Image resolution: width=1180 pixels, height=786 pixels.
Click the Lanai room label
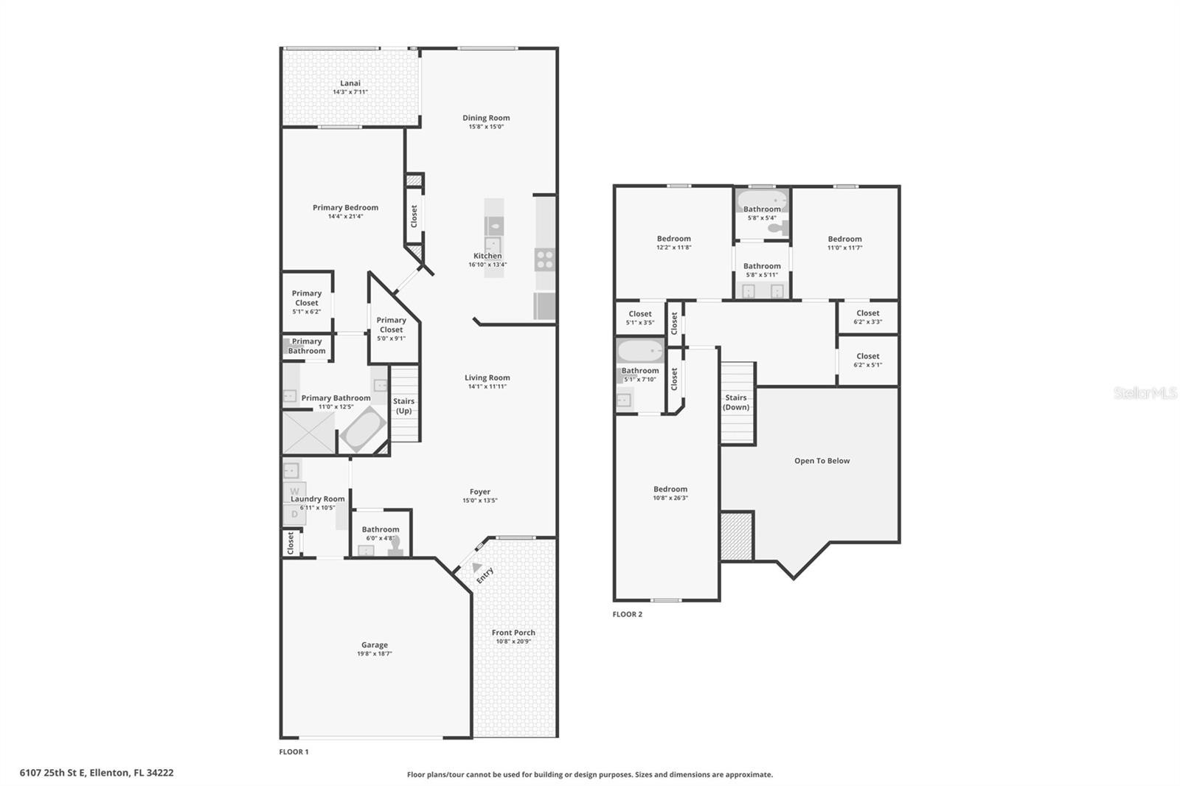(350, 83)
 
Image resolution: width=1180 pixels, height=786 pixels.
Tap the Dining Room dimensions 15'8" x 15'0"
(486, 126)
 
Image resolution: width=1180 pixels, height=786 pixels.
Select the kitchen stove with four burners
(545, 260)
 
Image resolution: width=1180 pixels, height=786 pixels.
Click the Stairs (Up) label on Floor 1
(404, 406)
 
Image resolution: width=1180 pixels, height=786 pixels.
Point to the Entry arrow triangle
(476, 567)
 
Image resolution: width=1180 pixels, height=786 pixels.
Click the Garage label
(375, 645)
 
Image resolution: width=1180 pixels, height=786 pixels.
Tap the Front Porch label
(513, 633)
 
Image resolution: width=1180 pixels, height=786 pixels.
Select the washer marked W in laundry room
(294, 492)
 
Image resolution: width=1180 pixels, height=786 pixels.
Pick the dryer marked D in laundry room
(294, 514)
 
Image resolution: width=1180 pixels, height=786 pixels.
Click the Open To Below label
(822, 461)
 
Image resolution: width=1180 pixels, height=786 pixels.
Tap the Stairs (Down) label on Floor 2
(736, 403)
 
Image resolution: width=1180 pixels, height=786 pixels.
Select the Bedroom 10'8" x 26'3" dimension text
(670, 498)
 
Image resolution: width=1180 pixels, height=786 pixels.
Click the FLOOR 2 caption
(628, 614)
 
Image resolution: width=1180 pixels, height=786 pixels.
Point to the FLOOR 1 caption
(294, 752)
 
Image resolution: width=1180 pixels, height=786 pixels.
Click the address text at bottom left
(97, 773)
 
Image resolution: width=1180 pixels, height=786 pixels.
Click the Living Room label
(487, 378)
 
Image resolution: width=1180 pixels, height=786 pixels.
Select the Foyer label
(480, 492)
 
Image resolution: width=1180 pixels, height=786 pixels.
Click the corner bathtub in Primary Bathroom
(362, 429)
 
